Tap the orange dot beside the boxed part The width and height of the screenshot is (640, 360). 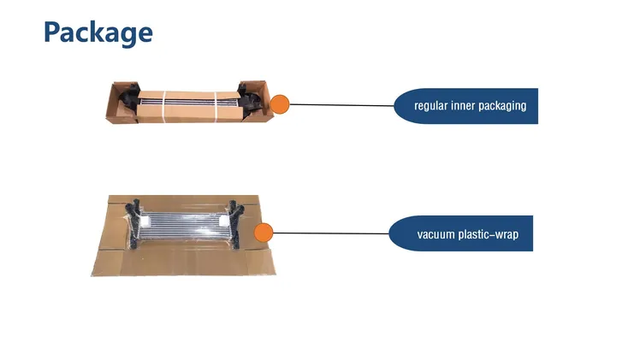click(280, 104)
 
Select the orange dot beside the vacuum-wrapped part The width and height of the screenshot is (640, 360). click(264, 233)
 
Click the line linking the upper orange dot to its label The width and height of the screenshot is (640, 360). click(341, 105)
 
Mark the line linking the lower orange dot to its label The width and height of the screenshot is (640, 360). click(331, 233)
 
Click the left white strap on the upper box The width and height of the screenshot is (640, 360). click(164, 106)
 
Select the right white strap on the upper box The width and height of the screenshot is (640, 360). click(216, 106)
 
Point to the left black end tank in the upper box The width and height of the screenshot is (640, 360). click(129, 101)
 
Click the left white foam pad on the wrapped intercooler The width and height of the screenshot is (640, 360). click(145, 221)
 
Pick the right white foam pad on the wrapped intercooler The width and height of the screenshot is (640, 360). click(224, 221)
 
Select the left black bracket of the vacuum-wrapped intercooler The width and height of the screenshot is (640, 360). click(133, 222)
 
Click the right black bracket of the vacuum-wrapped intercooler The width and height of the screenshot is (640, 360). click(235, 222)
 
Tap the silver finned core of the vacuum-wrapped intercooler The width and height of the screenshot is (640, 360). click(185, 227)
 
